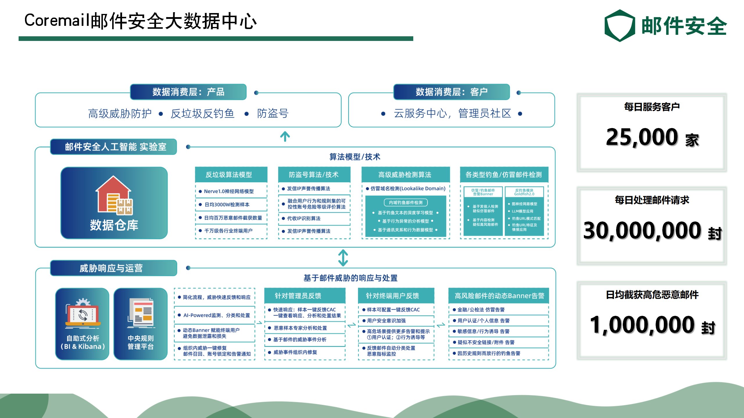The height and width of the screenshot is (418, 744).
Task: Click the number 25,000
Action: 642,137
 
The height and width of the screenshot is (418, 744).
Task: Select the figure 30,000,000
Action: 642,230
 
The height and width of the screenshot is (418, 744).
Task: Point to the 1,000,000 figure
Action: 642,325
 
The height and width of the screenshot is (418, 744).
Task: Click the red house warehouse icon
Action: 114,195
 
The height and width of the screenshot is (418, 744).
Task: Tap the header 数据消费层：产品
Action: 188,92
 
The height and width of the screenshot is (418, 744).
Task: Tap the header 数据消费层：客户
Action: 451,92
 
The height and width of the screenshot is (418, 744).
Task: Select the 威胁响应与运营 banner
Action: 114,268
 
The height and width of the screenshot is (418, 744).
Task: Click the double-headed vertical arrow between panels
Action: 343,258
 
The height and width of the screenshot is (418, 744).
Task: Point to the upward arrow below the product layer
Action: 285,137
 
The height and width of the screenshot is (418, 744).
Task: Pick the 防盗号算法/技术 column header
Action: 314,175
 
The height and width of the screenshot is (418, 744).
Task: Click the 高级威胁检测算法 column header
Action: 405,175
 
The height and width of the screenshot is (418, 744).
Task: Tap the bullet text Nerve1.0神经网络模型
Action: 229,191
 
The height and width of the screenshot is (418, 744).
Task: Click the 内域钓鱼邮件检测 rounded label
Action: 406,203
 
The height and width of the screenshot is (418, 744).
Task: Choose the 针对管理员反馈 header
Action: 298,296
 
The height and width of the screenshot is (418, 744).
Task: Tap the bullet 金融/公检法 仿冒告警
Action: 481,310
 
